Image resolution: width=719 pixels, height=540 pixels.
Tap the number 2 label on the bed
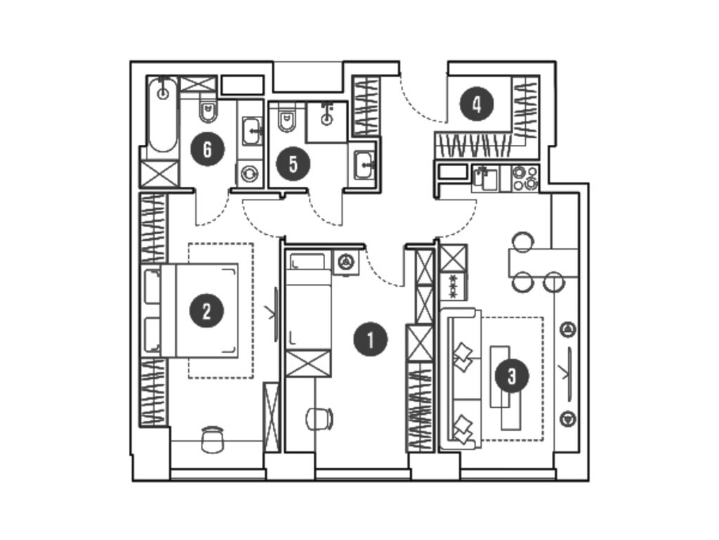pos(206,310)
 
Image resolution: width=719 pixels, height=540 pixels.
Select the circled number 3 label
pos(511,375)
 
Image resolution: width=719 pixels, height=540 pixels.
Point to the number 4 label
pos(477,105)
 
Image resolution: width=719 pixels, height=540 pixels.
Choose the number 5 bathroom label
pos(292,164)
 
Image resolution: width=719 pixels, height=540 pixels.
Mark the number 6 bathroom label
pos(206,149)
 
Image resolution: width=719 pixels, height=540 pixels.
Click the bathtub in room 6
pos(163,116)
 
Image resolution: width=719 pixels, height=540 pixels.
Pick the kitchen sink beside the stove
pos(484,177)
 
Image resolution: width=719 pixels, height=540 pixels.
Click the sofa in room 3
pos(461,378)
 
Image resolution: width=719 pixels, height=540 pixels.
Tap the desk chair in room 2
pos(212,439)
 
